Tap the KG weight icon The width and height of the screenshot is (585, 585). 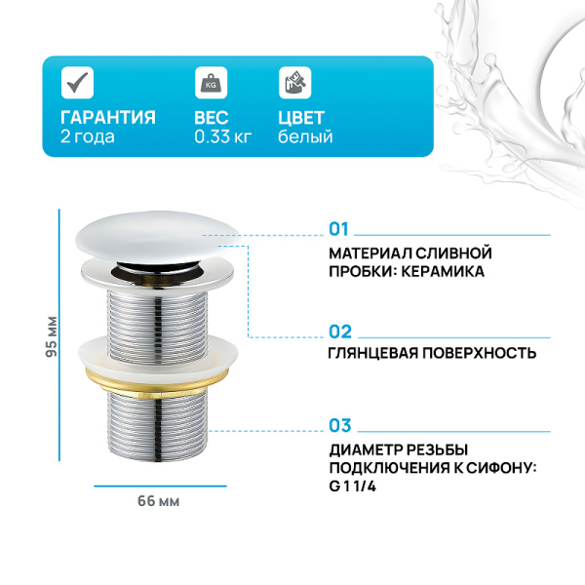click(209, 84)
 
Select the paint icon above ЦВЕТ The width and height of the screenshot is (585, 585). click(292, 84)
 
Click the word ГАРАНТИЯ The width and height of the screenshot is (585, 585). click(107, 118)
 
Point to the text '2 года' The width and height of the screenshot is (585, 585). click(87, 137)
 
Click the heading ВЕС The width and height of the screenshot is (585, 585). click(212, 118)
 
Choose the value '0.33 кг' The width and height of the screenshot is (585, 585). click(223, 137)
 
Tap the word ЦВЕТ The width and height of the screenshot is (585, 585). click(301, 118)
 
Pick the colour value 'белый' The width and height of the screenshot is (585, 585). click(305, 137)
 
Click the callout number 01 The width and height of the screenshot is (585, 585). click(338, 230)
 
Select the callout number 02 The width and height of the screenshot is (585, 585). click(339, 331)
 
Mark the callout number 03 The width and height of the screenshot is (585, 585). click(339, 425)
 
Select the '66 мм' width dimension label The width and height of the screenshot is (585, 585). click(158, 501)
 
